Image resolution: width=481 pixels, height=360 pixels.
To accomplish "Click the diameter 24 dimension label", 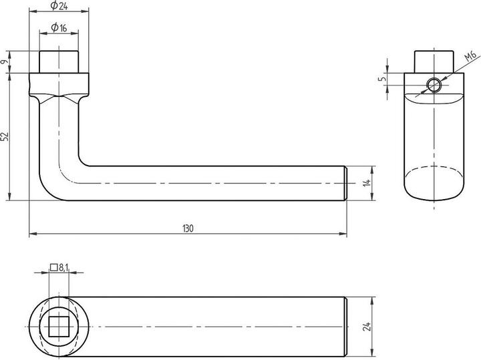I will pyautogui.click(x=60, y=7).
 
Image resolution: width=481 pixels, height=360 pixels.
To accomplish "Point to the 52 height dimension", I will pyautogui.click(x=5, y=136).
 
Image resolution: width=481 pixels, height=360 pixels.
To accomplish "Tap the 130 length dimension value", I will pyautogui.click(x=188, y=228).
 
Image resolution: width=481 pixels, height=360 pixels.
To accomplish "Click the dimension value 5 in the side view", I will pyautogui.click(x=382, y=79).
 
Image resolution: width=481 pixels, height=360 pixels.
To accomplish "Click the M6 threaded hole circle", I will pyautogui.click(x=434, y=85).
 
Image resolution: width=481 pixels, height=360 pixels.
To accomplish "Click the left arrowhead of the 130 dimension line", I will pyautogui.click(x=32, y=234).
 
